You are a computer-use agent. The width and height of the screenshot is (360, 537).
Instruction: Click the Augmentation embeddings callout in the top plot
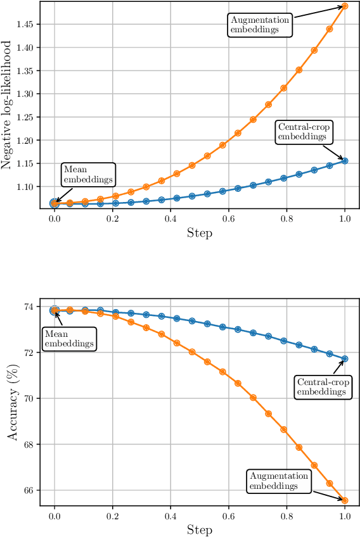pos(260,25)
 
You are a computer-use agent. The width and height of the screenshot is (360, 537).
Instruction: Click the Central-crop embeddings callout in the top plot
pos(304,131)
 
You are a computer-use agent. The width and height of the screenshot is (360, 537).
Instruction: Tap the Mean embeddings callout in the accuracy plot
pos(70,338)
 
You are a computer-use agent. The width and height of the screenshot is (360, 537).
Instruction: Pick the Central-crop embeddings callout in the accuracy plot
pos(323,386)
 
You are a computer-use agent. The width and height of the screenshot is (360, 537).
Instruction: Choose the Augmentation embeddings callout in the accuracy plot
pos(279,481)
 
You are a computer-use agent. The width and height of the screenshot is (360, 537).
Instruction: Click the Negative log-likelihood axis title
pos(7,104)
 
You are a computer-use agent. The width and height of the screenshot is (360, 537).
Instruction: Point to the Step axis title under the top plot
pos(200,232)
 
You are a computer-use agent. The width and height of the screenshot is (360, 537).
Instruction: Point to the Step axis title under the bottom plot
pos(200,529)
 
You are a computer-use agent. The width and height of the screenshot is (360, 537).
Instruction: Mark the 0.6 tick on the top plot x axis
pos(229,218)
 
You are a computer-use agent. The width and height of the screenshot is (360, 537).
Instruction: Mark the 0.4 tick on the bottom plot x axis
pos(170,515)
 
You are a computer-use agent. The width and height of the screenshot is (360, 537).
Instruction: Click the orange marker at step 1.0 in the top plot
pos(345,6)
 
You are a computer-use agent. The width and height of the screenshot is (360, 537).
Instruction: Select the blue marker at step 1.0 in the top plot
pos(345,160)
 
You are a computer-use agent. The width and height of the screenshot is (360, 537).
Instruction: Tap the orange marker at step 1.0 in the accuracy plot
pos(345,500)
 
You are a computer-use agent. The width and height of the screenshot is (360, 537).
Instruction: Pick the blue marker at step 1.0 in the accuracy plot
pos(345,359)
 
